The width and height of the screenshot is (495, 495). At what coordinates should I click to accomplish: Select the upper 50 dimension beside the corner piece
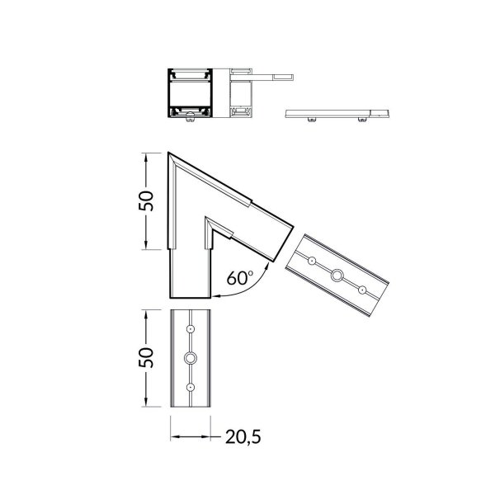145,200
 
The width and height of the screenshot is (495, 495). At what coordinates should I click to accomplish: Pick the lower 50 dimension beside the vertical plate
145,357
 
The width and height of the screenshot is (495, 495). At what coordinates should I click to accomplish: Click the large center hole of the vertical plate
191,358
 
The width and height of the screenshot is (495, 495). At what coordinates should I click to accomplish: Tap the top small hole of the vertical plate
191,329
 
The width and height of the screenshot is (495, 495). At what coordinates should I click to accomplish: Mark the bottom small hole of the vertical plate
191,387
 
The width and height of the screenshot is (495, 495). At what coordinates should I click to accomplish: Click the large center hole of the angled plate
337,275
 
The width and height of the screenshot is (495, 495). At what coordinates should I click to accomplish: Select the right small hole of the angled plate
361,289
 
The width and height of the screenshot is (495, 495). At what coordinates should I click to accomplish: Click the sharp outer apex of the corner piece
168,153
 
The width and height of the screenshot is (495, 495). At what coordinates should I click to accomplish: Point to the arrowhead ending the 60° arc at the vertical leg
215,294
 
